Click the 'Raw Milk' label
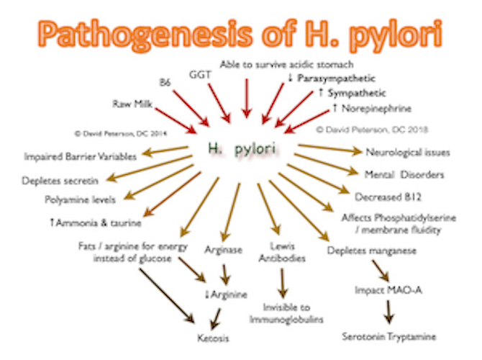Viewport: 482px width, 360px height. (129, 105)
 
